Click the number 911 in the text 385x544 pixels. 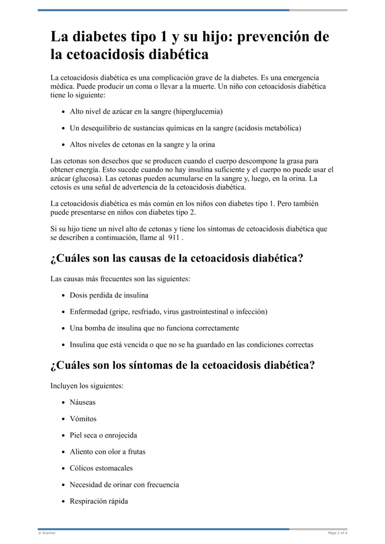click(173, 237)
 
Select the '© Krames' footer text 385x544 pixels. click(47, 533)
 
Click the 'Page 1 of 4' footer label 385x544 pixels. click(337, 533)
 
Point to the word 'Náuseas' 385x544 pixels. click(82, 402)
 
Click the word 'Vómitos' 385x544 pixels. click(83, 419)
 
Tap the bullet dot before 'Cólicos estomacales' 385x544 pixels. click(64, 468)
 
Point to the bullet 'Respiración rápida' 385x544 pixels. click(99, 501)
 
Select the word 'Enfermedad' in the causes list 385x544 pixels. click(89, 311)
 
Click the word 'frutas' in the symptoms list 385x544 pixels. click(135, 452)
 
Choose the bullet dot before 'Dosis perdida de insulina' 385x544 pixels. click(64, 296)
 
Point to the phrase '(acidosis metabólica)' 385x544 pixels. click(266, 128)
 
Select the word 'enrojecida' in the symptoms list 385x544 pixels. click(121, 435)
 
